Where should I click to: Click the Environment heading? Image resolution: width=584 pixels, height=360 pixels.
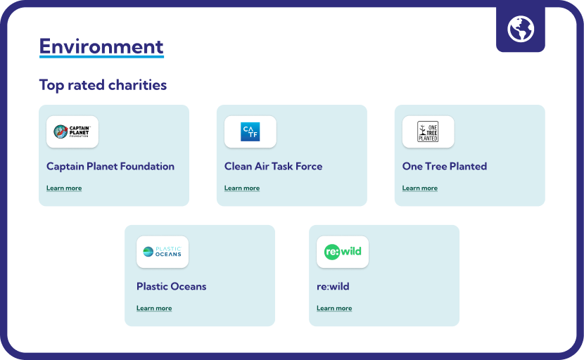[x=101, y=46]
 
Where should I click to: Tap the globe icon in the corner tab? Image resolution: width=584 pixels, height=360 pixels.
[x=520, y=29]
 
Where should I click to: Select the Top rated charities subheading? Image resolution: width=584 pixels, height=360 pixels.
[x=103, y=85]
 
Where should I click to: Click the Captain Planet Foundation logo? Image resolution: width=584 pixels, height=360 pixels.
[x=72, y=131]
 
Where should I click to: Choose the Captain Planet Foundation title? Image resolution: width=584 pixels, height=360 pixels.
[x=110, y=166]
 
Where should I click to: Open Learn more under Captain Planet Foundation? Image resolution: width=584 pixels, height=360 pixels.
[x=64, y=188]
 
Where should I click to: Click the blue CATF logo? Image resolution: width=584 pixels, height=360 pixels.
[x=250, y=131]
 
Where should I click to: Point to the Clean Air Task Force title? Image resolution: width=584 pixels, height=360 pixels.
[x=274, y=166]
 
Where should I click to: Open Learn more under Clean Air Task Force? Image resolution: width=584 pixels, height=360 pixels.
[x=242, y=188]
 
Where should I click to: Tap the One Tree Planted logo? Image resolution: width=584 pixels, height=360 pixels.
[x=428, y=131]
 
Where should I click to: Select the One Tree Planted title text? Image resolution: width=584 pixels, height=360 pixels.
[x=444, y=166]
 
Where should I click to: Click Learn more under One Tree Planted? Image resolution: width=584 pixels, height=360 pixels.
[x=420, y=188]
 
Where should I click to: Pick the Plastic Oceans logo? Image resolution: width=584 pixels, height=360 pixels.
[x=163, y=252]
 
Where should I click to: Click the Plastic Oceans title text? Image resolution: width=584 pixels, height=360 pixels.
[x=171, y=286]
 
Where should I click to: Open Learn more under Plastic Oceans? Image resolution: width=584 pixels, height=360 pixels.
[x=154, y=308]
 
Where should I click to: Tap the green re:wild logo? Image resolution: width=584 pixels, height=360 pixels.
[x=343, y=252]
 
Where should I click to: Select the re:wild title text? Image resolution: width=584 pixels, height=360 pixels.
[x=333, y=286]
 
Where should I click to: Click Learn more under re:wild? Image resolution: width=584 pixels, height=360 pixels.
[x=334, y=308]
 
